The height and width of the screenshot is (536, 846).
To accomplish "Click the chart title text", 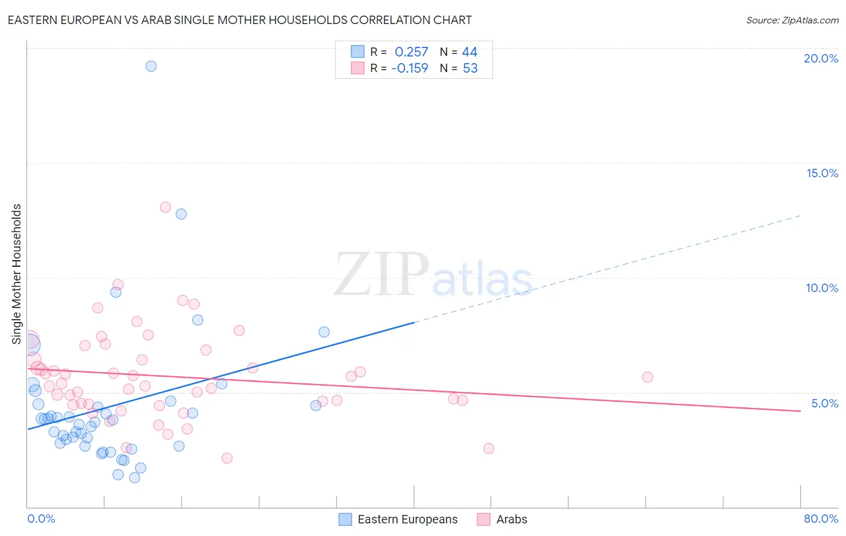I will click(239, 20).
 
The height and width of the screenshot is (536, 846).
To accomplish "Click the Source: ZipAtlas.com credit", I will click(792, 20).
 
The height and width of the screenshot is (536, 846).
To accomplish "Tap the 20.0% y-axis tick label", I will click(821, 58).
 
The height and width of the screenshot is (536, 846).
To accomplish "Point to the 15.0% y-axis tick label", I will click(822, 173).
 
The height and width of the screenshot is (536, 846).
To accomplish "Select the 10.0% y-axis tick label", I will click(822, 288).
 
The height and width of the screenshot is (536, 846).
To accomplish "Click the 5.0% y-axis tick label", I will click(824, 403).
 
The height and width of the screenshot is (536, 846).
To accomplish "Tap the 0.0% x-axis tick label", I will click(41, 519).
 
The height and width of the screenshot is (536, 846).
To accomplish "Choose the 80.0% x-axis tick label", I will click(821, 519).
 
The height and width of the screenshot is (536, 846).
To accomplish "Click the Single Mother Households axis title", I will click(17, 274).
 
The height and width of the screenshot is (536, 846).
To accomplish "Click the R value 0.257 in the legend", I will click(411, 52).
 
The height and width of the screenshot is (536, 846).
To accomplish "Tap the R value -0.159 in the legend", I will click(410, 69).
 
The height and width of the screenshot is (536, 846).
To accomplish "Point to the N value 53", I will click(470, 69).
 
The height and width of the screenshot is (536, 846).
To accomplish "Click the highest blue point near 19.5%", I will click(151, 66).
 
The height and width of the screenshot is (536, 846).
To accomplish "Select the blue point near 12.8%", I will click(181, 214).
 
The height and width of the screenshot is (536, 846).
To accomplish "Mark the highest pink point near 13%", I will click(165, 207).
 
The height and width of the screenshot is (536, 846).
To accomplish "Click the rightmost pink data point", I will click(647, 377).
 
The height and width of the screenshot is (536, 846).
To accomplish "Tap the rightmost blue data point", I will click(324, 332).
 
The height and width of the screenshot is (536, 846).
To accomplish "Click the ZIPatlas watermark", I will click(433, 275).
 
